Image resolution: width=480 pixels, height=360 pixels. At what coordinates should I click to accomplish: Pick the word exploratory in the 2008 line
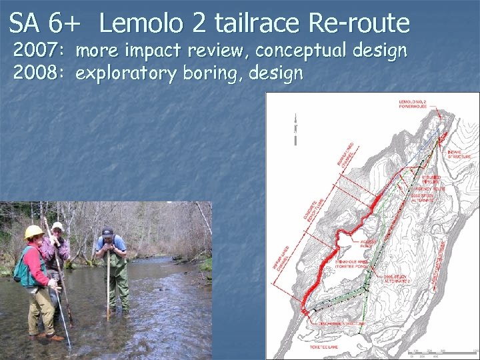click(125, 73)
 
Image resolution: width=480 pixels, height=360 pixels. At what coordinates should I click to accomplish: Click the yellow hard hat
click(33, 232)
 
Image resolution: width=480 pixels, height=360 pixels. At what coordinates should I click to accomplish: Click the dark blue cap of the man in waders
click(107, 233)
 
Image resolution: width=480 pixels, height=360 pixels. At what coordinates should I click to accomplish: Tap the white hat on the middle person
click(58, 226)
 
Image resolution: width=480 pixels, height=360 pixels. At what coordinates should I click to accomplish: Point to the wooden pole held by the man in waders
click(108, 287)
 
